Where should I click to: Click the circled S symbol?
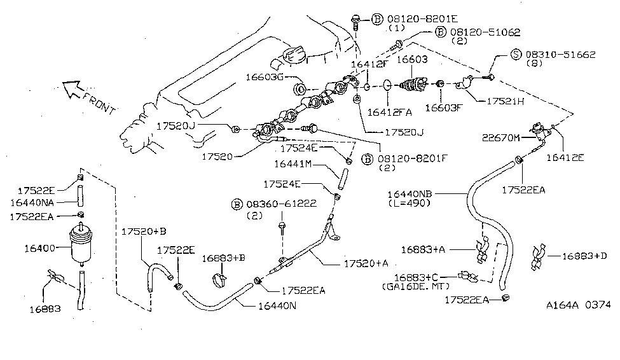point(518,55)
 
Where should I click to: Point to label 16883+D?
point(586,256)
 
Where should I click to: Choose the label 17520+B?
point(144,232)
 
